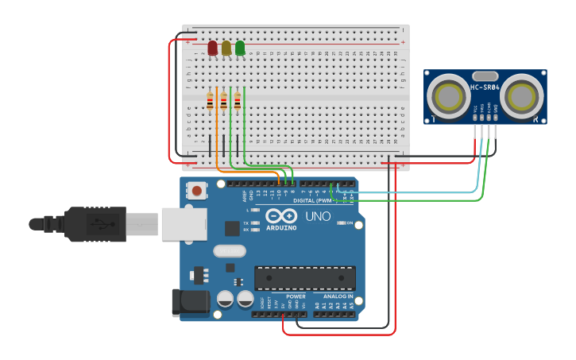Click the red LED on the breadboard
pyautogui.click(x=212, y=48)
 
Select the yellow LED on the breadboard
pyautogui.click(x=226, y=48)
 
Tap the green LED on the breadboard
pyautogui.click(x=240, y=48)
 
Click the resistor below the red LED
pyautogui.click(x=211, y=101)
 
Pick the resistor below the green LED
pyautogui.click(x=238, y=101)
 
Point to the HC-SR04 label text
pyautogui.click(x=485, y=87)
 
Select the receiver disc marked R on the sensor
pyautogui.click(x=521, y=98)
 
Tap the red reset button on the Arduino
pyautogui.click(x=195, y=190)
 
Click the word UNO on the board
pyautogui.click(x=318, y=216)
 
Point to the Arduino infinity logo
pyautogui.click(x=281, y=216)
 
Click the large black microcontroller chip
pyautogui.click(x=304, y=278)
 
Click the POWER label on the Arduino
pyautogui.click(x=296, y=296)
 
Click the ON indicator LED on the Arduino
pyautogui.click(x=342, y=223)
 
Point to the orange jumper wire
pyautogui.click(x=217, y=143)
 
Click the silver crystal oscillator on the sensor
pyautogui.click(x=485, y=76)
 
